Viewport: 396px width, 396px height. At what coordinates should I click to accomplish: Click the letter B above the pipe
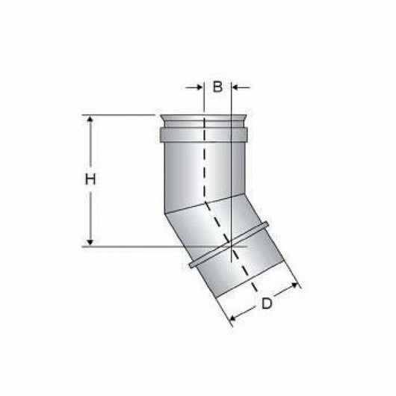tap(217, 87)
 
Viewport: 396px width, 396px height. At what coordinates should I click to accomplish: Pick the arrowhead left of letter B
tap(199, 87)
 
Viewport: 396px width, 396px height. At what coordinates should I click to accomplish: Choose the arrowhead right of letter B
tap(238, 87)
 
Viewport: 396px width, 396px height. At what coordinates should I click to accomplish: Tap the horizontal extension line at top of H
tap(120, 115)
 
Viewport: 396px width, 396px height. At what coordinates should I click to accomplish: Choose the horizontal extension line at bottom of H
tap(149, 245)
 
